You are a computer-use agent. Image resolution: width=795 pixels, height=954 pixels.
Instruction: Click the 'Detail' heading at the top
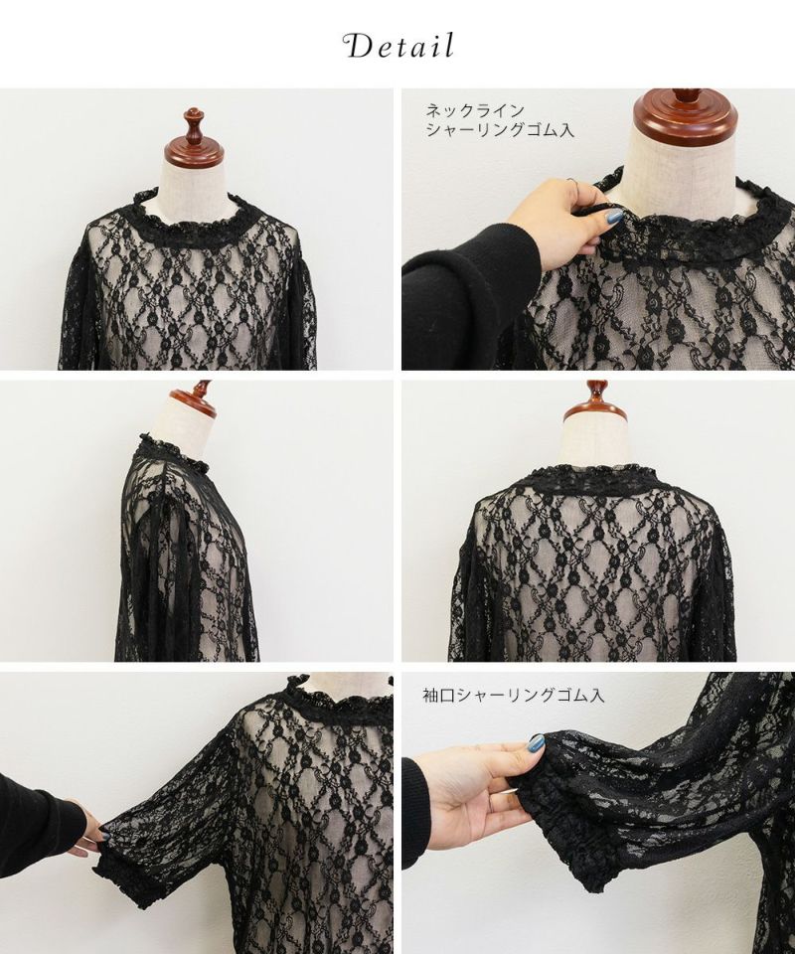click(399, 47)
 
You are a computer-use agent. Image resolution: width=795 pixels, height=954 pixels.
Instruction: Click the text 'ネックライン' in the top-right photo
click(475, 110)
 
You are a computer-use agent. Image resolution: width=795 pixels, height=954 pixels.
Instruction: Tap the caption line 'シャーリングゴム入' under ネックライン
click(500, 130)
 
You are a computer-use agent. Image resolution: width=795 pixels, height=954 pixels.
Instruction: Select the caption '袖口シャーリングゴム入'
click(514, 696)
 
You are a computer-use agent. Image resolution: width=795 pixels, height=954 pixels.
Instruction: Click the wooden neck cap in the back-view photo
click(595, 400)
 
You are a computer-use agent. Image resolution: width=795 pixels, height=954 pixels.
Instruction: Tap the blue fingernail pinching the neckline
click(614, 217)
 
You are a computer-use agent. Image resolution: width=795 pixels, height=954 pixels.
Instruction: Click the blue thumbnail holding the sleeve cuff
click(536, 743)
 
